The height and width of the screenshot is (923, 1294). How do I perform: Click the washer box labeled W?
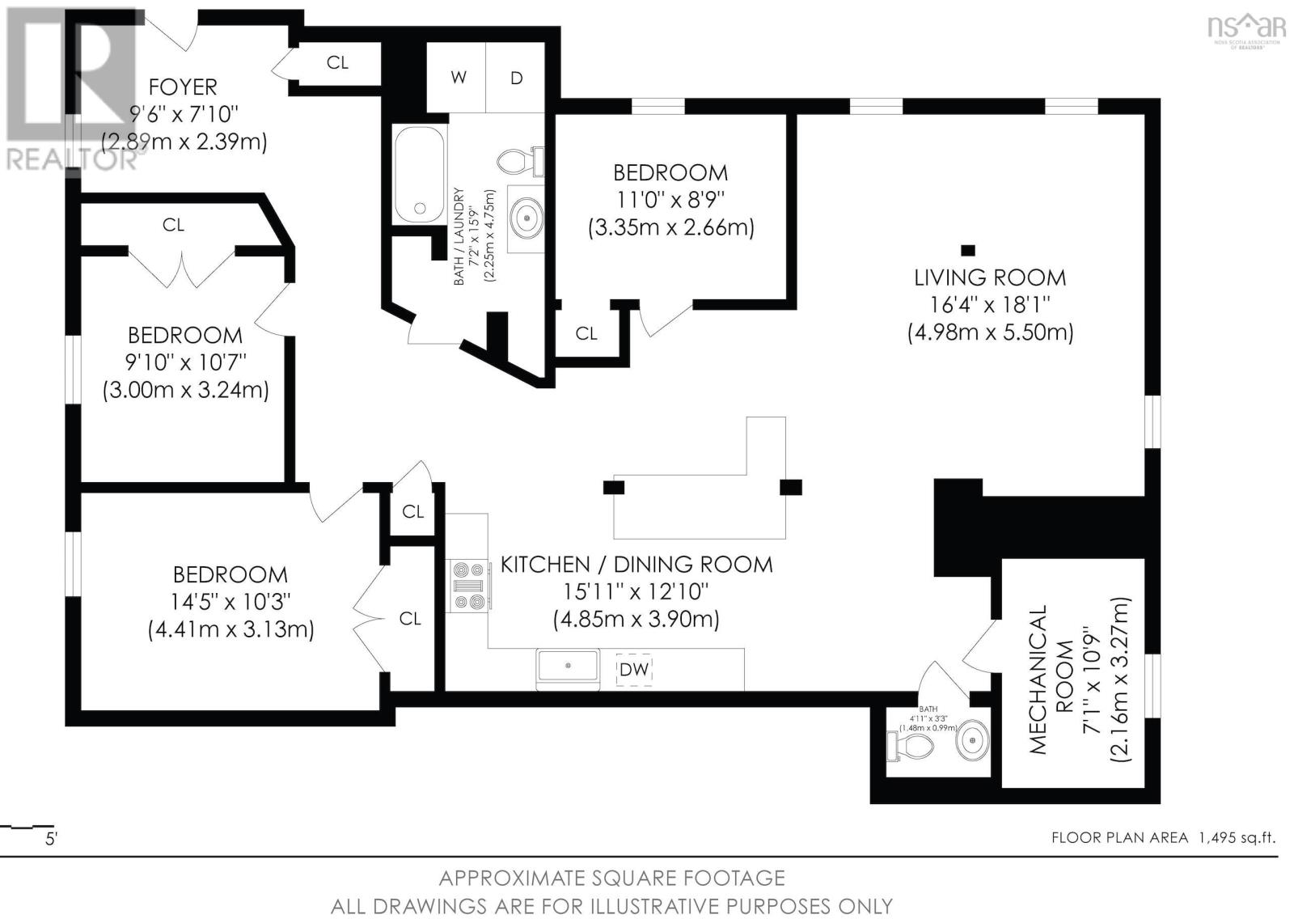[x=457, y=78]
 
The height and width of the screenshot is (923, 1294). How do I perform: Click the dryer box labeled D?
[x=516, y=78]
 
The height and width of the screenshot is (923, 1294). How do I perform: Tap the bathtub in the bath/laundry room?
[x=419, y=175]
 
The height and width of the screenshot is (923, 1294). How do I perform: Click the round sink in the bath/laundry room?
[x=526, y=217]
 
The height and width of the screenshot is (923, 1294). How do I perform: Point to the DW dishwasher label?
[x=634, y=670]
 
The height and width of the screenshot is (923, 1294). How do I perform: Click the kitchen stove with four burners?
[x=468, y=586]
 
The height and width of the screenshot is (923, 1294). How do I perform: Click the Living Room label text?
[x=990, y=277]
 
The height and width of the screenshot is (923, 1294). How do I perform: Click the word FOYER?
[x=184, y=87]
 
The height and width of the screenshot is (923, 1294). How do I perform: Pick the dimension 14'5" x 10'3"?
[x=230, y=602]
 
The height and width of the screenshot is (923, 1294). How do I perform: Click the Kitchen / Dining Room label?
[x=636, y=564]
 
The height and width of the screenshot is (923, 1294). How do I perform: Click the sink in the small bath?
[x=970, y=740]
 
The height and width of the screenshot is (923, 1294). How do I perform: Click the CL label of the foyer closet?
[x=337, y=62]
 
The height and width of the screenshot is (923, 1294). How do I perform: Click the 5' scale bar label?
[x=51, y=839]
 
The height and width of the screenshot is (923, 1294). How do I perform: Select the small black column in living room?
[x=968, y=249]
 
